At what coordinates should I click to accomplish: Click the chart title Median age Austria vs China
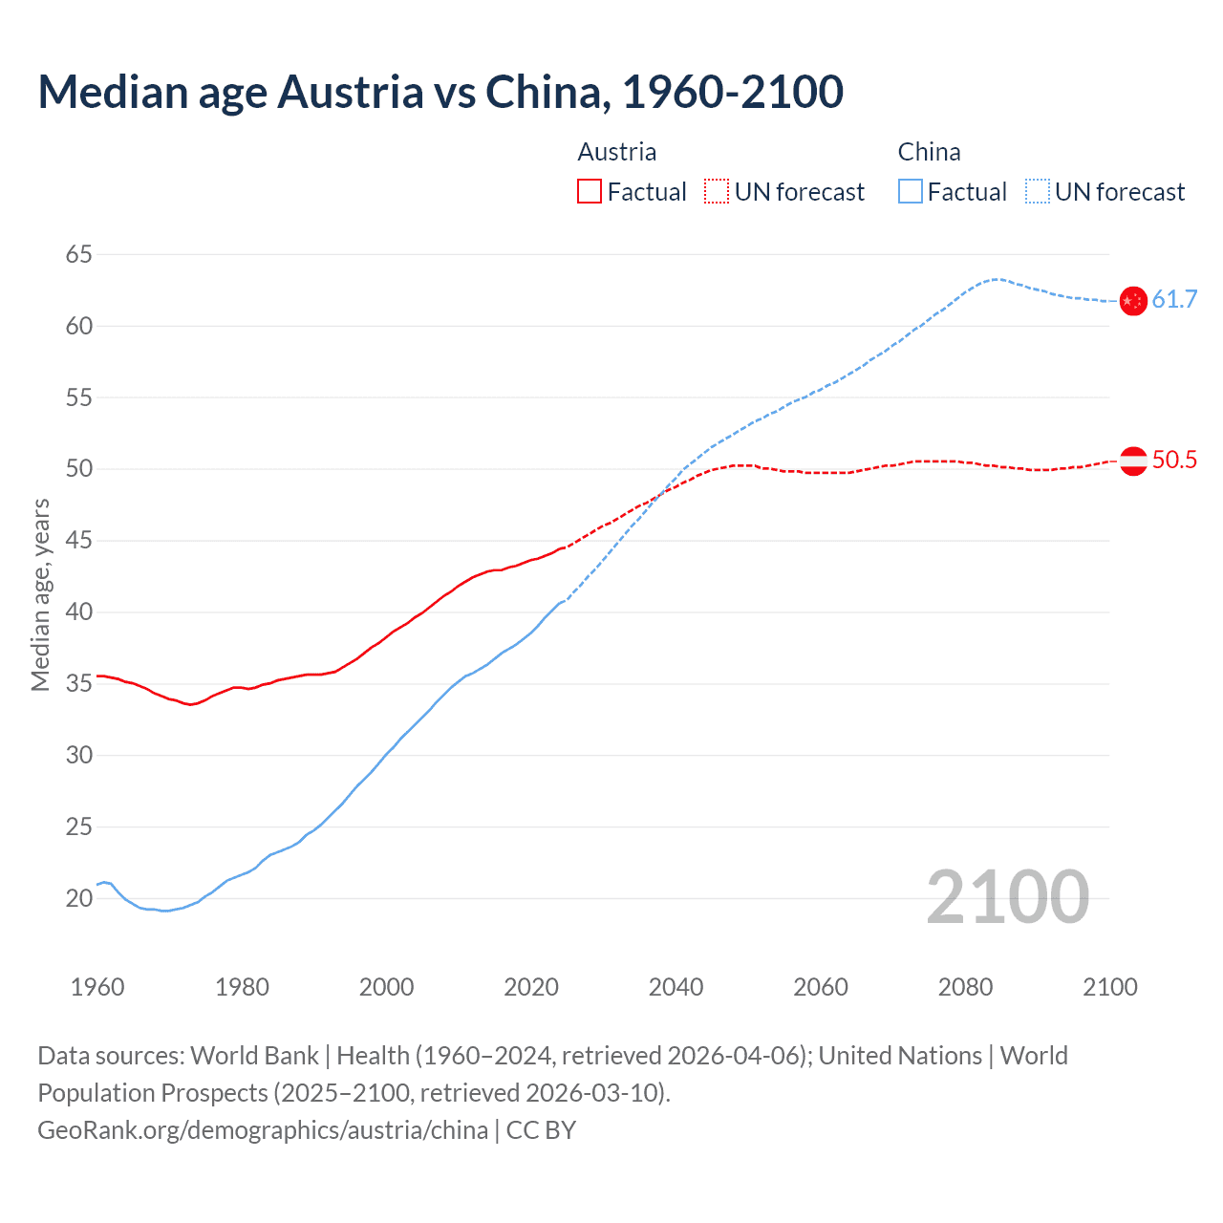440,92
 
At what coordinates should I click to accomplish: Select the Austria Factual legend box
590,191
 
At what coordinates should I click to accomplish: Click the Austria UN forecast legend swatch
717,191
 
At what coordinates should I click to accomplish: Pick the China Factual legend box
911,191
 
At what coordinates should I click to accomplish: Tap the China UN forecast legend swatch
1037,191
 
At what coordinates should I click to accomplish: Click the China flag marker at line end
1133,301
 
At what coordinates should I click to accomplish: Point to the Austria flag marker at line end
1133,461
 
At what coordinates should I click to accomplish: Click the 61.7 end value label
1174,299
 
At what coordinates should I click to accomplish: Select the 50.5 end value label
1174,460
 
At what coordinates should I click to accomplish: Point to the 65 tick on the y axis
79,254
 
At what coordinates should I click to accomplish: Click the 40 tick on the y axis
79,611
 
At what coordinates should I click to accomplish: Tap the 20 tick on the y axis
79,898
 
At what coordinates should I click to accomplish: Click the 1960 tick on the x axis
97,987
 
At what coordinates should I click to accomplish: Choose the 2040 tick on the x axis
676,987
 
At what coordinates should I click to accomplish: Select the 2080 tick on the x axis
965,987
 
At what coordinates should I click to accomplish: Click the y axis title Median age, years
40,594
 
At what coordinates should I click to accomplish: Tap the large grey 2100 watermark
1007,896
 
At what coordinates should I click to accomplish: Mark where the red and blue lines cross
658,494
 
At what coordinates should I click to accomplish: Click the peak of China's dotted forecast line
997,279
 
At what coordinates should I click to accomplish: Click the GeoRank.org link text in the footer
263,1130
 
